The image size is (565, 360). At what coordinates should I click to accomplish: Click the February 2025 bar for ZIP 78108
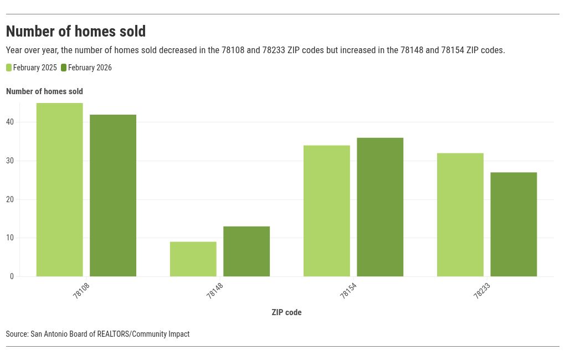[x=60, y=189]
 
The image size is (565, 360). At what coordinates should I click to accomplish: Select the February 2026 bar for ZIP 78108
[x=113, y=196]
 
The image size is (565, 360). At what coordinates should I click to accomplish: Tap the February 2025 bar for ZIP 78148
[x=193, y=259]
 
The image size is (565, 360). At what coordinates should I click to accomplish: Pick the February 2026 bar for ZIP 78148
[x=246, y=251]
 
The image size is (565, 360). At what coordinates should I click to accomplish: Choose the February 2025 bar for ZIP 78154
[x=327, y=211]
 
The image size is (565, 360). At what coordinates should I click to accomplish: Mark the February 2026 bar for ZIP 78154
[x=380, y=207]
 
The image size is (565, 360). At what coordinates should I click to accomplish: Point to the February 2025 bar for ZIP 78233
[x=460, y=215]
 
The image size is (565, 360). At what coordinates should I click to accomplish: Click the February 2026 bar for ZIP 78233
[x=513, y=224]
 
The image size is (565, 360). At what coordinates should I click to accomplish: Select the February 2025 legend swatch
[x=9, y=68]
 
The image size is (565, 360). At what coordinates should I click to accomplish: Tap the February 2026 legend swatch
[x=64, y=68]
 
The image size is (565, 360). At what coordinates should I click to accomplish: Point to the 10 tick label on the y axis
[x=10, y=238]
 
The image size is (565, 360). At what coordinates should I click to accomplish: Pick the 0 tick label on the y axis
[x=12, y=276]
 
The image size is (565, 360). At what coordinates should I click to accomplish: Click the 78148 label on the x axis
[x=214, y=291]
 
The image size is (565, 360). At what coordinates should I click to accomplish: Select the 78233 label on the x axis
[x=481, y=291]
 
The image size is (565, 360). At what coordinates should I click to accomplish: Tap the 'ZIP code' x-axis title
[x=286, y=312]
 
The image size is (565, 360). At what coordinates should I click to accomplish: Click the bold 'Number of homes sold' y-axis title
[x=44, y=91]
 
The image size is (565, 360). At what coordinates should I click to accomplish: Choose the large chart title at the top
[x=76, y=31]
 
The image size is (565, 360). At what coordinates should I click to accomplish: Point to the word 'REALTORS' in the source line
[x=114, y=334]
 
